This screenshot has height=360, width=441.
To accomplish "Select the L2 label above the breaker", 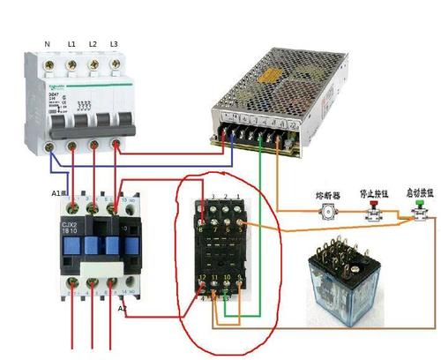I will [x=93, y=43].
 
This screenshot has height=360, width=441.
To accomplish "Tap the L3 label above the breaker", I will [x=114, y=43].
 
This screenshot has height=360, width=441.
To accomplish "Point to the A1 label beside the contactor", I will [x=56, y=192].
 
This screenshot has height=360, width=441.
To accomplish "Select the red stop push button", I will [x=373, y=210].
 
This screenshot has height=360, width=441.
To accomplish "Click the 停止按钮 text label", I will [x=374, y=190].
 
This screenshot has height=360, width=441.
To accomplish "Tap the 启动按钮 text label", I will [x=418, y=190].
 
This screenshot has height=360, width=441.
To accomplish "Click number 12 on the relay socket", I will [x=204, y=278].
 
